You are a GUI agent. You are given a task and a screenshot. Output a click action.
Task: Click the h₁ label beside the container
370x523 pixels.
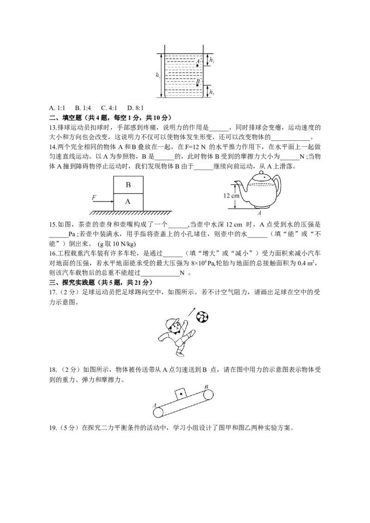pos(158,75)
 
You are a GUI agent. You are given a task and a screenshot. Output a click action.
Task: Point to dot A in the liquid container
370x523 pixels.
pos(197,66)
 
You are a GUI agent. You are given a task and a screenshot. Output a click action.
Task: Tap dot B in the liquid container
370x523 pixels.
pos(197,85)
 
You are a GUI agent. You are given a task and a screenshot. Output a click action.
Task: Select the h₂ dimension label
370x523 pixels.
pos(212,61)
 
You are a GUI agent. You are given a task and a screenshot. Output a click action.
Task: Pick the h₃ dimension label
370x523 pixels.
pos(212,92)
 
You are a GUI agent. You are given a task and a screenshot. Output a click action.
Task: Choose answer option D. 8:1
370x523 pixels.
pos(135,108)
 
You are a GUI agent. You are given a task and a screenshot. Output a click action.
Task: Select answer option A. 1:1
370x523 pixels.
pos(57,108)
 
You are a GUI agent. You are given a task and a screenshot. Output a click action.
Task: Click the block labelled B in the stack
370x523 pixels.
pos(129,185)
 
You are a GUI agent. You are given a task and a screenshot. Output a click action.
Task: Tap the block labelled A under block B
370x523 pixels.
pos(129,202)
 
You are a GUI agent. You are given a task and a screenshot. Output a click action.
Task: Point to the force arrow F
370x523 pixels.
pos(103,201)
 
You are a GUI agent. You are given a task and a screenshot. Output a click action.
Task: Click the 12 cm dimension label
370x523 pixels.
pos(231,196)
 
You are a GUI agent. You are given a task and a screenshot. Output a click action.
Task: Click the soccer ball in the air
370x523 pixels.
pos(203,317)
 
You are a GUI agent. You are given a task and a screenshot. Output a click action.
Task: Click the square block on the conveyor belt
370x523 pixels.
pos(180,394)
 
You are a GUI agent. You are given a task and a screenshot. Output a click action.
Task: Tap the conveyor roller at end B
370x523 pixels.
pos(208,395)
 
